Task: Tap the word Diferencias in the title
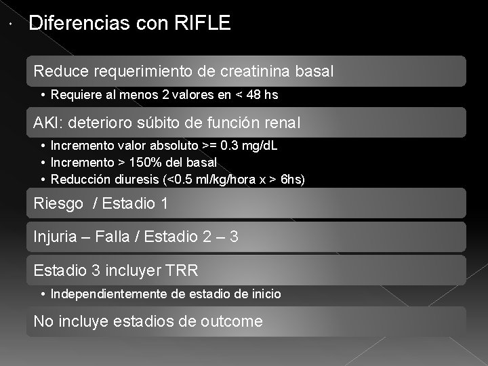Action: (x=73, y=24)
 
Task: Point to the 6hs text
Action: (x=292, y=180)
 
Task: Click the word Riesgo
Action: (x=58, y=203)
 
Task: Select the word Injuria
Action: (x=56, y=237)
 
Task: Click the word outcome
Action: (x=232, y=321)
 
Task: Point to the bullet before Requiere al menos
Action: (x=43, y=96)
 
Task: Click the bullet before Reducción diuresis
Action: (x=43, y=180)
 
